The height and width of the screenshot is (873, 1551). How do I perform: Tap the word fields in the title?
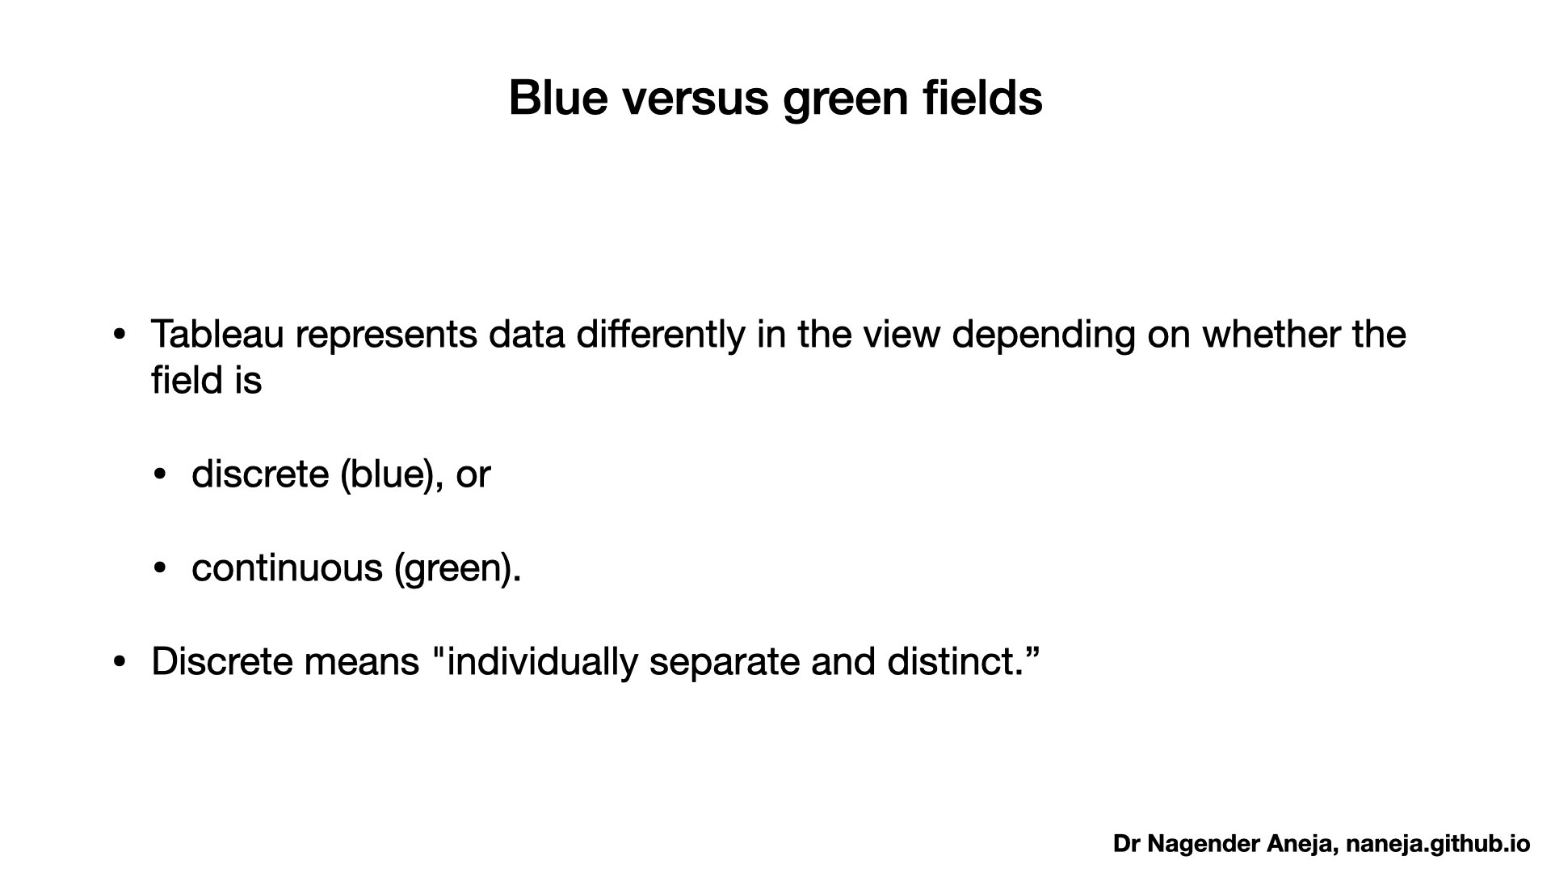[982, 98]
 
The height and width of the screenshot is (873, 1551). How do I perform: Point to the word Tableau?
[217, 334]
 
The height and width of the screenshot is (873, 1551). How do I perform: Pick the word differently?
[661, 335]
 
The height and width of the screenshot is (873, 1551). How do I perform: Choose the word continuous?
[287, 567]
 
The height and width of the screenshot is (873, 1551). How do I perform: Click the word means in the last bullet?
[362, 663]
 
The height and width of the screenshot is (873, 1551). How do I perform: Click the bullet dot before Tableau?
[120, 335]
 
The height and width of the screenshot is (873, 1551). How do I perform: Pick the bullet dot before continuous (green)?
[160, 568]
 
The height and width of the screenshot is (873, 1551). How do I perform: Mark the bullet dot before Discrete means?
[120, 662]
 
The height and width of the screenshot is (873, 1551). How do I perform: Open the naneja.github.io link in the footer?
[1438, 845]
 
